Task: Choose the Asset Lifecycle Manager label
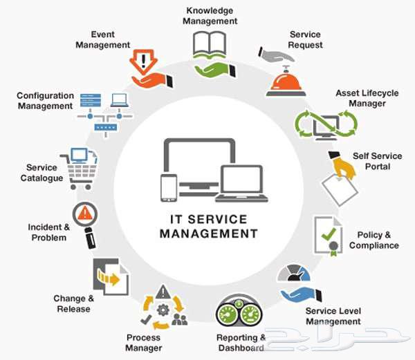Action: (360, 98)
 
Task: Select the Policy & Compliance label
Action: (373, 240)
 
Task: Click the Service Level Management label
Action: (333, 316)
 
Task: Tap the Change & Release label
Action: (72, 303)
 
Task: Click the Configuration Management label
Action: (45, 101)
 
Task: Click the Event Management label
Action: (102, 40)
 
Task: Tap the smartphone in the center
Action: (169, 187)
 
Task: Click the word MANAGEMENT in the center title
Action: (208, 234)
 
